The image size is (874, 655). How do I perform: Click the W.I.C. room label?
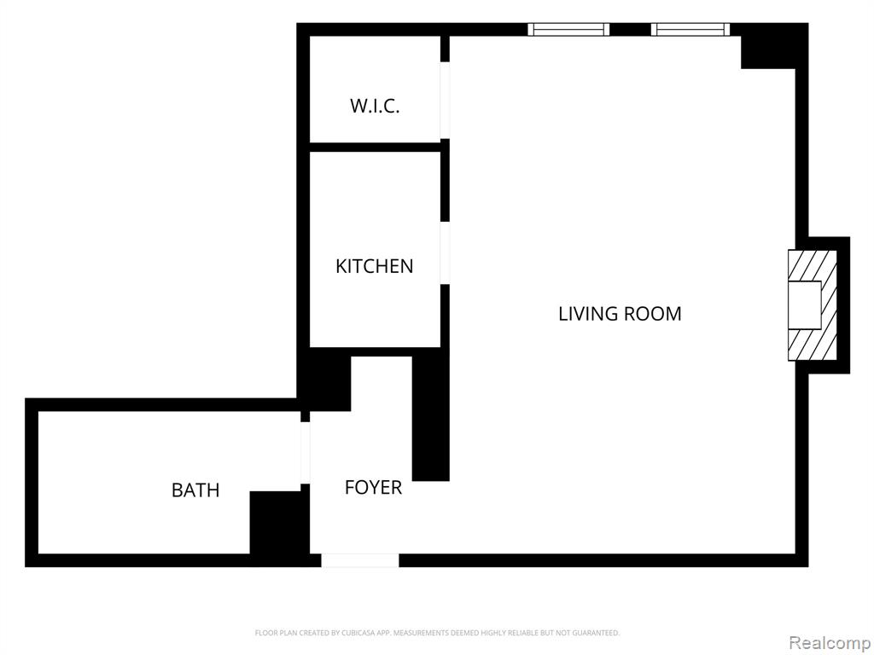(x=375, y=106)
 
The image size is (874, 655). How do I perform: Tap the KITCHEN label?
(x=375, y=266)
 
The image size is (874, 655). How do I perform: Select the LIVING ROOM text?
(x=620, y=314)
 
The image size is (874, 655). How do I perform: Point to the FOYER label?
(x=373, y=487)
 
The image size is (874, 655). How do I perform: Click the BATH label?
(x=195, y=490)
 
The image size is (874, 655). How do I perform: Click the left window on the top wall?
(x=568, y=30)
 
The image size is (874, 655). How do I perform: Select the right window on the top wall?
(x=690, y=30)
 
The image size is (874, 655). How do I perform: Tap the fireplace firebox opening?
(x=804, y=305)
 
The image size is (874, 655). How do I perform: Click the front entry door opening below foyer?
(x=360, y=560)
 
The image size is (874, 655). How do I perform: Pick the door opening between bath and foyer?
(x=305, y=453)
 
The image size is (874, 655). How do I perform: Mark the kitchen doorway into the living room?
(x=445, y=252)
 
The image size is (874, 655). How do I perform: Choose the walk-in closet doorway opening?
(x=445, y=101)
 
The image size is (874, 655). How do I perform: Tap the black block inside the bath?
(x=279, y=523)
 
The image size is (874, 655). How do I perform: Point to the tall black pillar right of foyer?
(x=431, y=418)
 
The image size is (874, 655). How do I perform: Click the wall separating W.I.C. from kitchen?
(x=376, y=147)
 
